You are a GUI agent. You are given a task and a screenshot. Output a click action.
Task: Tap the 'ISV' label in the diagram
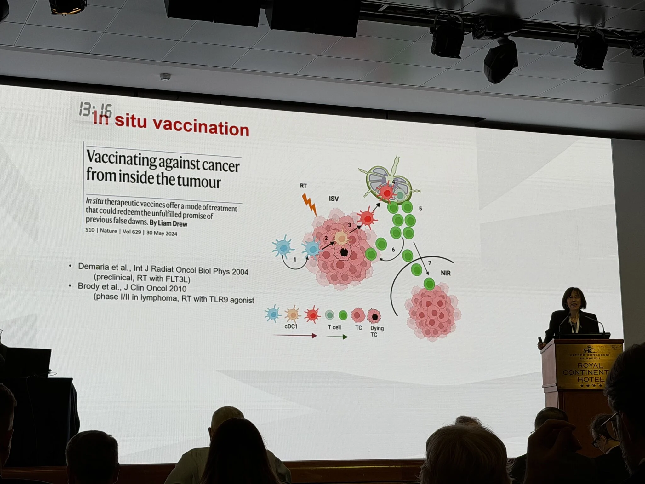(x=334, y=199)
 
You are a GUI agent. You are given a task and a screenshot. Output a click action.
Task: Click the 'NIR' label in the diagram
(x=446, y=273)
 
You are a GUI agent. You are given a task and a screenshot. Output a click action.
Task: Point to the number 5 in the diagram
(x=420, y=209)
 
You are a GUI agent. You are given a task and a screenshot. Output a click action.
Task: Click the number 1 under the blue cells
(x=295, y=260)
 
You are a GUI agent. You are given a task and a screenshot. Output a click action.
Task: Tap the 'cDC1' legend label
(x=291, y=326)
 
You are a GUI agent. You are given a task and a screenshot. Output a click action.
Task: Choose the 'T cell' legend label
(x=334, y=327)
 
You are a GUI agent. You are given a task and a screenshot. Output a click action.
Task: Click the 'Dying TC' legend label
(x=376, y=331)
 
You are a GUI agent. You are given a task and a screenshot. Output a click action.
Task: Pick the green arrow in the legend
(x=337, y=337)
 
